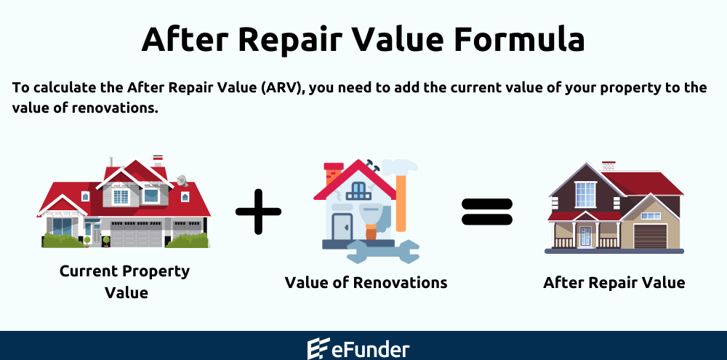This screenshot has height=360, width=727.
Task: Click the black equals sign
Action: click(487, 211)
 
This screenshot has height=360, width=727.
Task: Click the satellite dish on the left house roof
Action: click(181, 179)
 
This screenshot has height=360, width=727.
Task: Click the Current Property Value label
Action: click(124, 281)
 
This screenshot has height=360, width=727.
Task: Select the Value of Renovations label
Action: click(366, 282)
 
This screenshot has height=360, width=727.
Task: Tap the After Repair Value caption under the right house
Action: click(614, 282)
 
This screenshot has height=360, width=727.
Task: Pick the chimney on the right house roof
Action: click(608, 167)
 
